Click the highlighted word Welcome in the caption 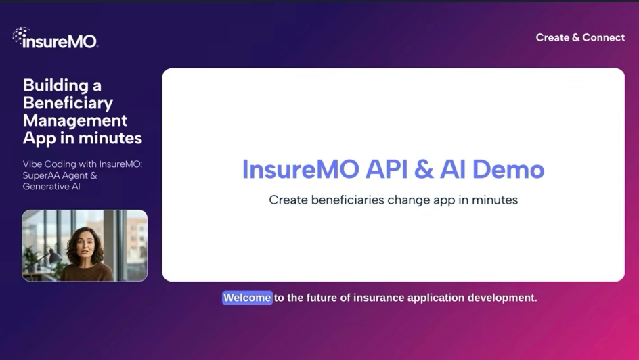point(247,298)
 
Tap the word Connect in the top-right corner point(603,37)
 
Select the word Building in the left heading point(57,85)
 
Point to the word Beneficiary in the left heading point(68,103)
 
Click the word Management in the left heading point(75,120)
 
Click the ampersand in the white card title point(424,169)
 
